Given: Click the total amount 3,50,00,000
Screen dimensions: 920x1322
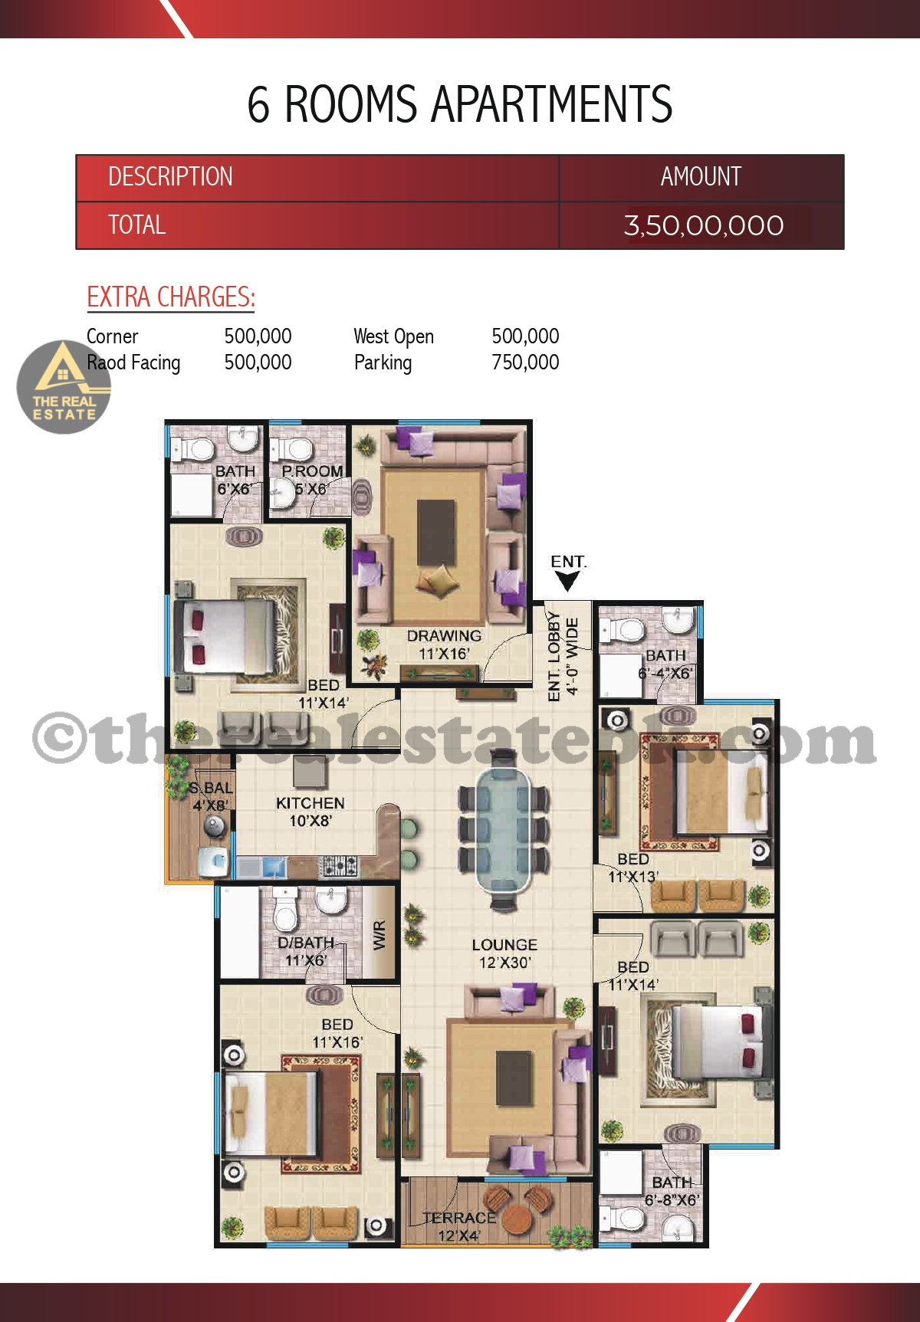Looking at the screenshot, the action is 703,225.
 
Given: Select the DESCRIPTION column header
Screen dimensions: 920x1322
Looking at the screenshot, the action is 170,177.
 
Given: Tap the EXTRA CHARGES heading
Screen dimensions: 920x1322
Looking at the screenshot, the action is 171,297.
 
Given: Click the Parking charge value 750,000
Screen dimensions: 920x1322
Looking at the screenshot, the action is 525,362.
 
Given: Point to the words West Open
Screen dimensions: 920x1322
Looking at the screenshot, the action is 394,336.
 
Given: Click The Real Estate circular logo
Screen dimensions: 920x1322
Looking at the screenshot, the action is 64,387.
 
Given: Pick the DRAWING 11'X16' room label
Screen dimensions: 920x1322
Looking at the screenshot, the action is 444,645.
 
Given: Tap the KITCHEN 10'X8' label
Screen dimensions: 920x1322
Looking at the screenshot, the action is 310,812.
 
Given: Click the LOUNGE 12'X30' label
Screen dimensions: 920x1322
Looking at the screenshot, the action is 504,953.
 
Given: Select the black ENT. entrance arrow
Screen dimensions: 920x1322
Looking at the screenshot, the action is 567,582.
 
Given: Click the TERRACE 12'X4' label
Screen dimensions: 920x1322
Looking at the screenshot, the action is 459,1226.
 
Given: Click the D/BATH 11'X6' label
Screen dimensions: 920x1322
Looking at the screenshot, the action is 306,951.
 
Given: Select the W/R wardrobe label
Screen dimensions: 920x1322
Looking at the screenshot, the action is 379,935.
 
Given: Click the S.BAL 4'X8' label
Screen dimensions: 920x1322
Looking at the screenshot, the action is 211,796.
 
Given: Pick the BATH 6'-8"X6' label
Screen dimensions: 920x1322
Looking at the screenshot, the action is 672,1191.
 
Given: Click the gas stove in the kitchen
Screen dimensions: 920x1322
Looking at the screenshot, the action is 338,866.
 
